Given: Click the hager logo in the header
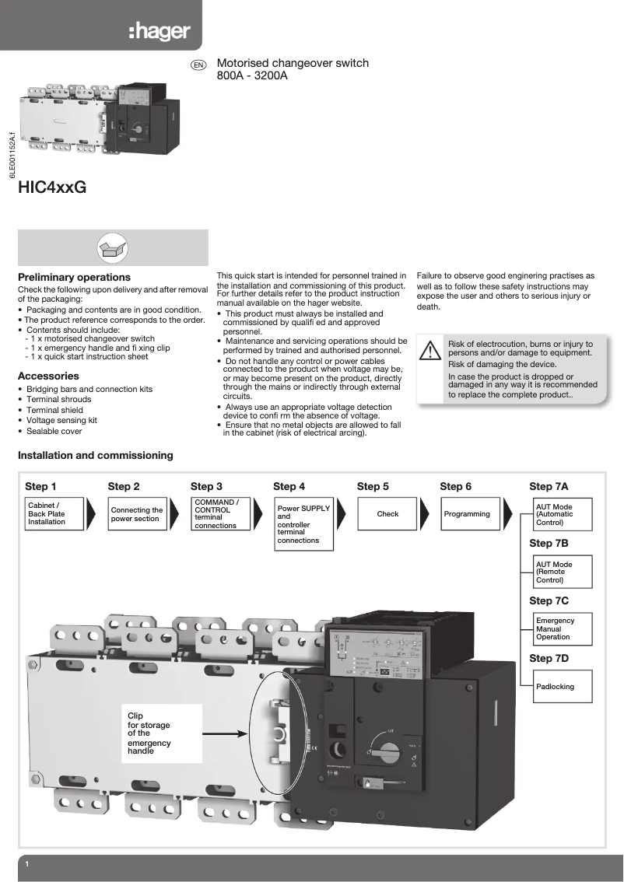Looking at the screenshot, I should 159,32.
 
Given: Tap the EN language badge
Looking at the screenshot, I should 198,65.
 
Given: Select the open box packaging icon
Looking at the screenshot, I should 113,247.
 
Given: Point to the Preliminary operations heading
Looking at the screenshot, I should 74,277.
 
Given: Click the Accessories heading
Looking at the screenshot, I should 48,376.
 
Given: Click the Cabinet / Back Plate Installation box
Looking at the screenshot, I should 52,514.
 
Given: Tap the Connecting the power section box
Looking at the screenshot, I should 137,514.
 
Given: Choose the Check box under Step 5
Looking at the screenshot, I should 387,514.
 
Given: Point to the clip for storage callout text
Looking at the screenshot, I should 149,733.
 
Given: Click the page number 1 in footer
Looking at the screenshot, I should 27,865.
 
